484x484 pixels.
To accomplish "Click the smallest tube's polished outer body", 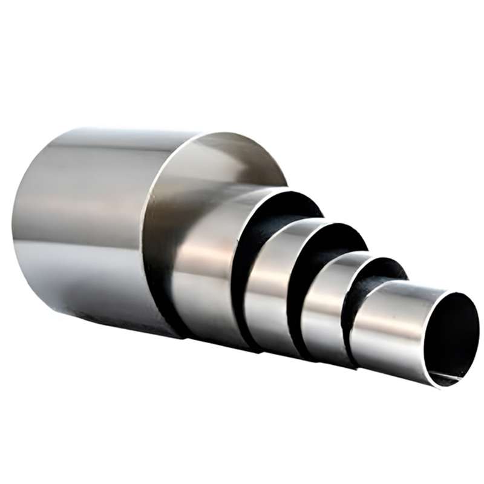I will pos(387,327).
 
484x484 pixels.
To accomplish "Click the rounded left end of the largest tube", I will pos(21,230).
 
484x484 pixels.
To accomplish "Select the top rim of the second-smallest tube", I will pos(381,259).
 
